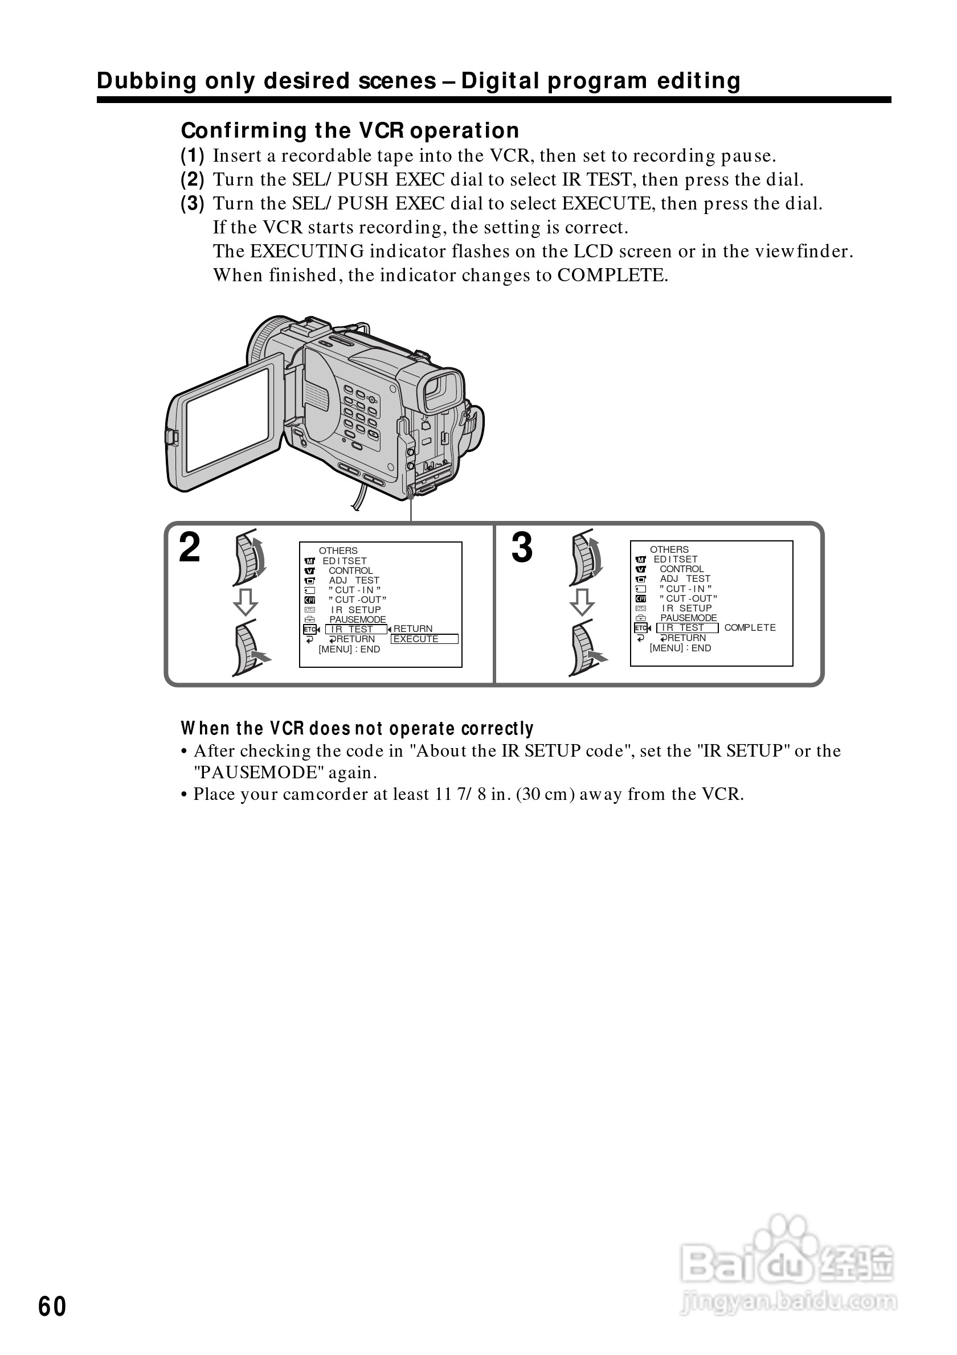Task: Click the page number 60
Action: coord(52,1307)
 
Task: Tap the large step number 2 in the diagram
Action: coord(190,548)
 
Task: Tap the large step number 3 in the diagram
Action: coord(522,548)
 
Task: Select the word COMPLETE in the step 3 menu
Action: coord(750,628)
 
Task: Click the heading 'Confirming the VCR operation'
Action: coord(350,130)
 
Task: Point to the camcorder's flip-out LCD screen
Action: coord(227,421)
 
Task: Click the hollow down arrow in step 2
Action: coord(246,601)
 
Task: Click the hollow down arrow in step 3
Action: coord(582,601)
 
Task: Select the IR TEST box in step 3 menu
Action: coord(686,628)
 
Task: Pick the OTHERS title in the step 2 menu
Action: coord(338,551)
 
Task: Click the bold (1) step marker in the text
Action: coord(193,156)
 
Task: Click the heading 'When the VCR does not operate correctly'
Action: coord(357,729)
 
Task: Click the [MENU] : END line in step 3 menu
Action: coord(680,648)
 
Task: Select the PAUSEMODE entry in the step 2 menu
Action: coord(357,619)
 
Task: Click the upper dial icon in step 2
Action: coord(249,557)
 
